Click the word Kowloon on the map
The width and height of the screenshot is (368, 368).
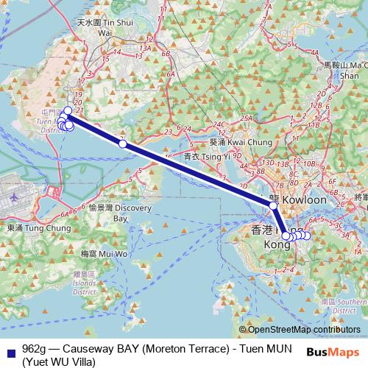pos(304,199)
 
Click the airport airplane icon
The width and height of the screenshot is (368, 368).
pos(17,198)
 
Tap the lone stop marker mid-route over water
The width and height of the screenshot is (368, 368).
pos(123,144)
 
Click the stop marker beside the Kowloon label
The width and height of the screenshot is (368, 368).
pos(274,205)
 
